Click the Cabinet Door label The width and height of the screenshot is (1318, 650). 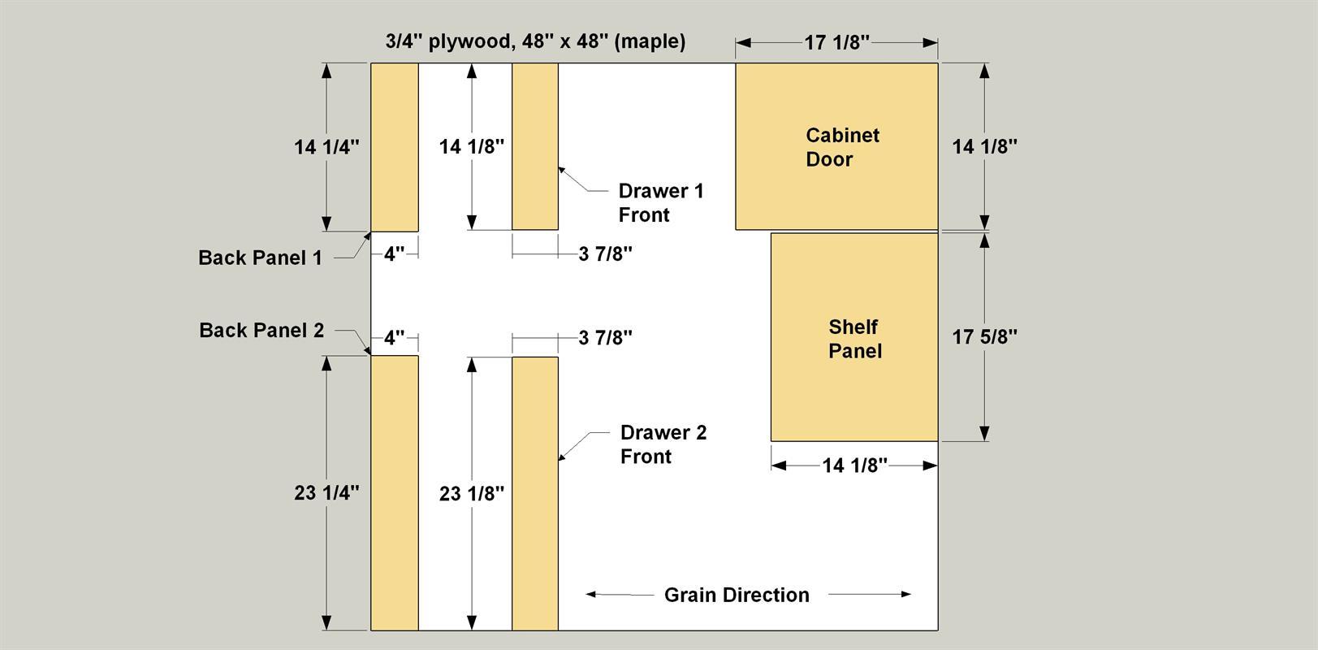tap(842, 147)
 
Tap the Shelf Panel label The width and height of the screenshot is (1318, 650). tap(855, 339)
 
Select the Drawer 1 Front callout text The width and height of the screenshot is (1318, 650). tap(661, 202)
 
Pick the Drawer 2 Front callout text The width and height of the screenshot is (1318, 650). tap(663, 444)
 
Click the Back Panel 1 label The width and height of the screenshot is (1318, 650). tap(260, 258)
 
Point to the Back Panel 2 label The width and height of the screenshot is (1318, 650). tap(261, 330)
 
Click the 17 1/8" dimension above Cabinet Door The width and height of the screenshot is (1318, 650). tap(836, 42)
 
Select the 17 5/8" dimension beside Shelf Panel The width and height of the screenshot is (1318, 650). tap(984, 336)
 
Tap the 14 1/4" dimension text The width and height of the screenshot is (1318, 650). tap(326, 146)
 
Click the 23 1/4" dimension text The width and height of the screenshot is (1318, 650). tap(326, 492)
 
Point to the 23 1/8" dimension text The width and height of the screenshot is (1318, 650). tap(471, 493)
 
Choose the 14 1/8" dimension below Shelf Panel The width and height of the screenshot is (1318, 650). tap(854, 465)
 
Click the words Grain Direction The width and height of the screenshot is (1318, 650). tap(737, 595)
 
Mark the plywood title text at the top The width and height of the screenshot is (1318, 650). tap(535, 41)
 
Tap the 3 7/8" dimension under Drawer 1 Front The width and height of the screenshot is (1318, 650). tap(605, 253)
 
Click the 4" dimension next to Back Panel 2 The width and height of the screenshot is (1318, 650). tap(394, 337)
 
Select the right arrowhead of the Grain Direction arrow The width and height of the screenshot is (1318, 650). tap(906, 594)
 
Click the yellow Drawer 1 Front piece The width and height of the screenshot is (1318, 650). tap(535, 146)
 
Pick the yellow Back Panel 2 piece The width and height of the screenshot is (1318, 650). tap(394, 493)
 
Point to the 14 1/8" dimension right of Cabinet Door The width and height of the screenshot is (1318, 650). tap(984, 146)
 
